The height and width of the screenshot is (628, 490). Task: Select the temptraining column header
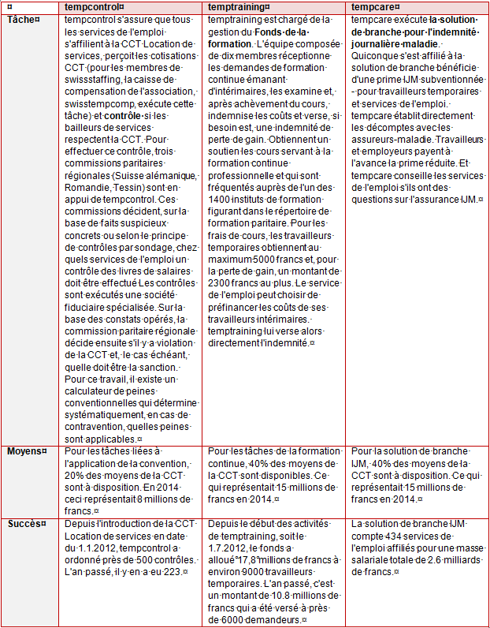point(238,6)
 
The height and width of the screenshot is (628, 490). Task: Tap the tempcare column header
point(373,6)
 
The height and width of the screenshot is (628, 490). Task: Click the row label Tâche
point(21,18)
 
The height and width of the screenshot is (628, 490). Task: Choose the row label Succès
point(24,523)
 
